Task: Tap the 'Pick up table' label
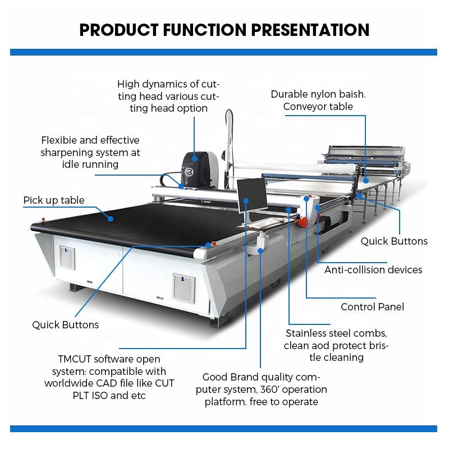[54, 200]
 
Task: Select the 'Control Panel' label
[372, 306]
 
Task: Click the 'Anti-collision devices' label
[373, 269]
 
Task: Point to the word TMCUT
[80, 358]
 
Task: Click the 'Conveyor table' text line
[318, 106]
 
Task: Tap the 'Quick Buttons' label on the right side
[393, 241]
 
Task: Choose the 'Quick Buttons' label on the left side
[65, 324]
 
